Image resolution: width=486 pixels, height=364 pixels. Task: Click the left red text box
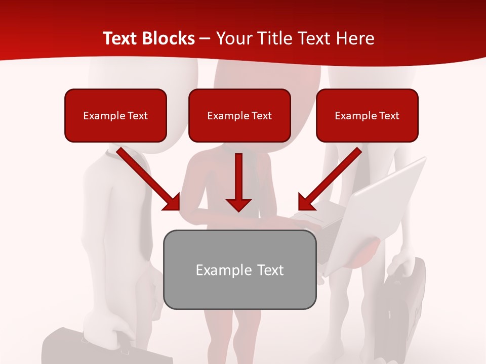pyautogui.click(x=115, y=115)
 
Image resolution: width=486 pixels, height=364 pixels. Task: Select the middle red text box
pyautogui.click(x=239, y=115)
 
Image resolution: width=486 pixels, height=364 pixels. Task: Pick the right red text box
pyautogui.click(x=367, y=115)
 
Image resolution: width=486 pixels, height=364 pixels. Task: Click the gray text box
pyautogui.click(x=239, y=269)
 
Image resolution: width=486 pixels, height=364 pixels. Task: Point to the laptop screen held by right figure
pyautogui.click(x=385, y=212)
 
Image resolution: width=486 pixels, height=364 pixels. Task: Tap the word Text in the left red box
pyautogui.click(x=138, y=116)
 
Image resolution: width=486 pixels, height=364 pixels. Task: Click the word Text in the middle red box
pyautogui.click(x=262, y=116)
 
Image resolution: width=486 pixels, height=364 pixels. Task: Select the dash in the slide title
pyautogui.click(x=205, y=38)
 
